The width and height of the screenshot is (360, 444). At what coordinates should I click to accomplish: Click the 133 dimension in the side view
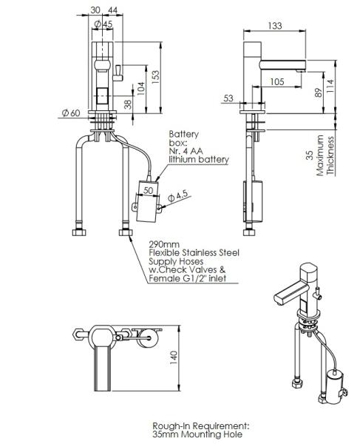275,26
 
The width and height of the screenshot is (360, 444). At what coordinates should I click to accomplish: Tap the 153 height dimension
155,77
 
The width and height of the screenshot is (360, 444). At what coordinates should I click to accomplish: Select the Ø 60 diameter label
71,113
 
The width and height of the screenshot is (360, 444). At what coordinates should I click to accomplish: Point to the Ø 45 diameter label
103,24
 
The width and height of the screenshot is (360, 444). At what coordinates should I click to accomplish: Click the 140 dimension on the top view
174,357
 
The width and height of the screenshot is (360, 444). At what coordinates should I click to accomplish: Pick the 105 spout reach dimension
277,82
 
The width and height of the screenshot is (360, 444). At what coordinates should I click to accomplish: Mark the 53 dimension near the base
228,98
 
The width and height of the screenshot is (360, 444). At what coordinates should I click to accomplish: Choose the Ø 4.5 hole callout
178,196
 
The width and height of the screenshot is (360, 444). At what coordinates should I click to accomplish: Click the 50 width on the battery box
148,190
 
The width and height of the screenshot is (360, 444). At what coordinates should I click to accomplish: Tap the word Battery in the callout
184,134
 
